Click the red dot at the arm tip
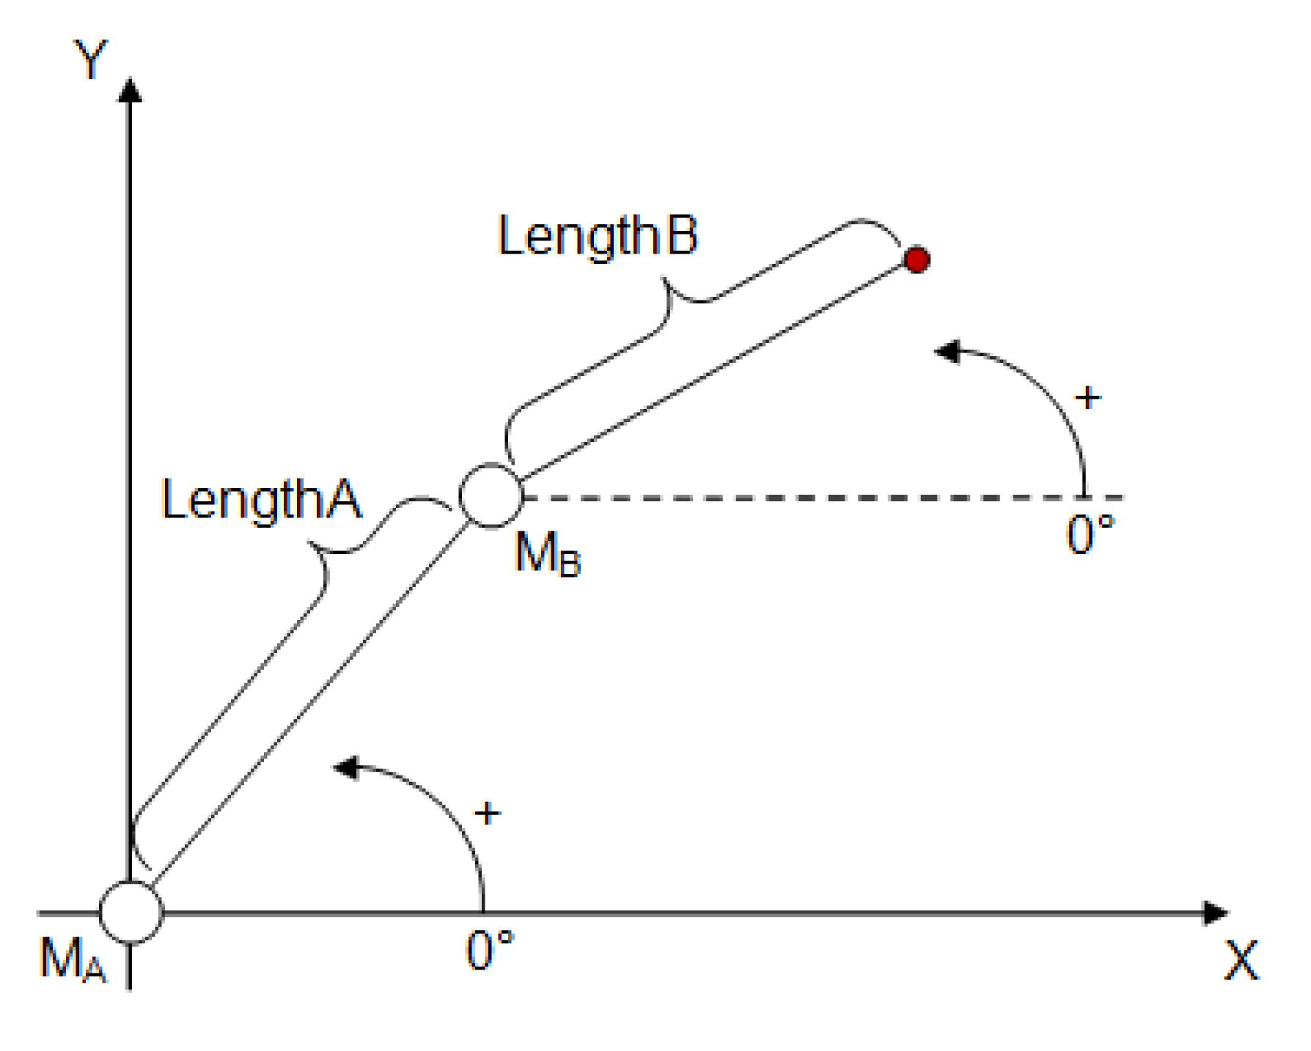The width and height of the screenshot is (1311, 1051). [917, 259]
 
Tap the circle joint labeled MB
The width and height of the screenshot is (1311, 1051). [491, 496]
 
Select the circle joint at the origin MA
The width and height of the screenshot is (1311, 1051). [131, 912]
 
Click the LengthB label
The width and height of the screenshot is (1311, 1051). [598, 236]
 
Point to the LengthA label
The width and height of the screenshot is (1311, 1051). [261, 500]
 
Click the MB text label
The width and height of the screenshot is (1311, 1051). [547, 553]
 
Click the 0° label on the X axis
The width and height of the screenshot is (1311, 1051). [489, 951]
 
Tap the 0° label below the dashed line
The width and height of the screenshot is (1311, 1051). [1090, 534]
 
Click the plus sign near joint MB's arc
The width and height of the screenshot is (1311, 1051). [1087, 398]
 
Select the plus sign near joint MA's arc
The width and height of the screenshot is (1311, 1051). [488, 814]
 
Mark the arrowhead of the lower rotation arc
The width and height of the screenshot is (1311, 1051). [346, 767]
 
